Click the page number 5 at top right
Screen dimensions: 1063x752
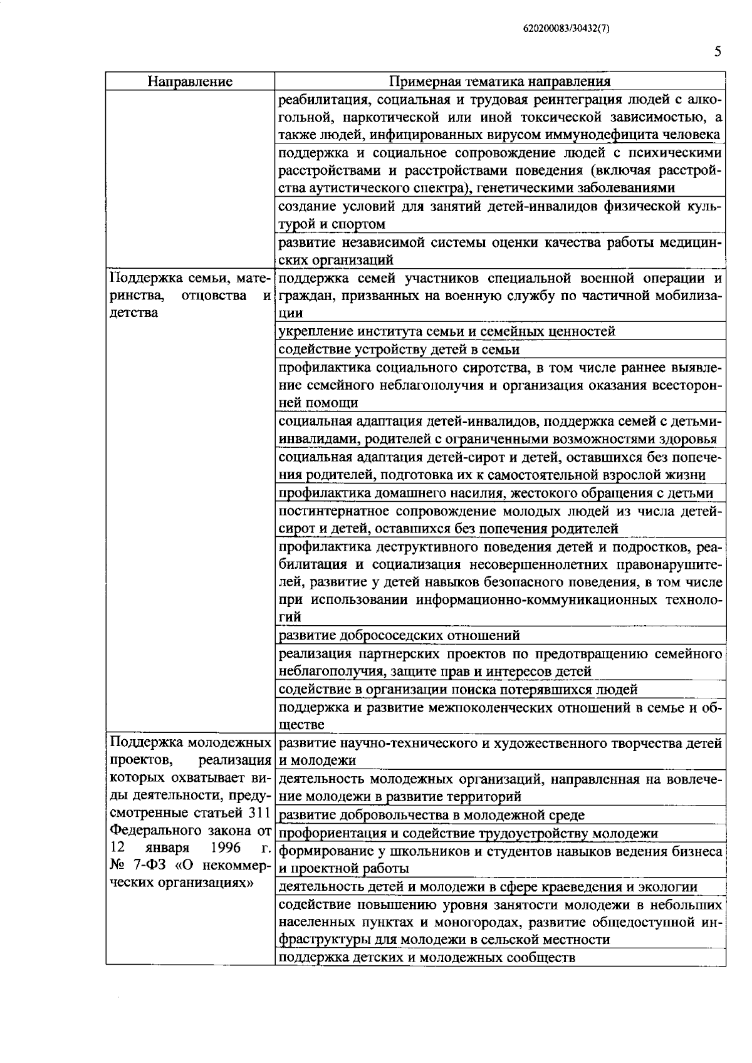(x=718, y=52)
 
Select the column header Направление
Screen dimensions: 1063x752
(x=190, y=81)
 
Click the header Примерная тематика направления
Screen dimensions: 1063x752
(x=499, y=81)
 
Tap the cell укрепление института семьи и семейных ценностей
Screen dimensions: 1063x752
(x=446, y=331)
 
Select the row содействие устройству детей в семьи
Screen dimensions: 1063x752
(x=399, y=349)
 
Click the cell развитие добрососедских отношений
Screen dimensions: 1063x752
(x=399, y=635)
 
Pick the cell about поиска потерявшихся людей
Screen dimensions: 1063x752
(x=457, y=689)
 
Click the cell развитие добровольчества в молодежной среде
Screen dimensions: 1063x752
(x=431, y=815)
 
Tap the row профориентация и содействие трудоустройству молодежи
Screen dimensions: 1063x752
(x=467, y=833)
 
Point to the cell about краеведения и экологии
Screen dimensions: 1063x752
(x=488, y=886)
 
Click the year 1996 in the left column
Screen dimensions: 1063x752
(x=226, y=850)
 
